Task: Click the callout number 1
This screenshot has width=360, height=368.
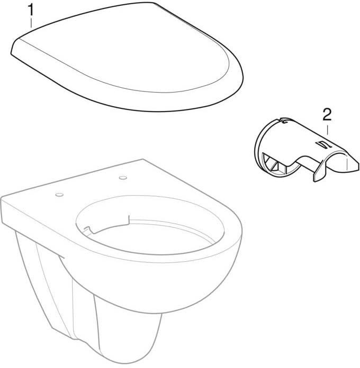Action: pos(31,10)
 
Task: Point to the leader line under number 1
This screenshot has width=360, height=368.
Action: pos(31,23)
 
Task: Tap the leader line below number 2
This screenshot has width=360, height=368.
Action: pos(327,130)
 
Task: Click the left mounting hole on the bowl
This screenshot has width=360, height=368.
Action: pos(59,195)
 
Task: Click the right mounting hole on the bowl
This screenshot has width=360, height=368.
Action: pos(123,178)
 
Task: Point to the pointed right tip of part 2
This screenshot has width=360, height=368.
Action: pos(358,165)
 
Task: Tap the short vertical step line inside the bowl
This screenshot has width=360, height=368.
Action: pos(129,220)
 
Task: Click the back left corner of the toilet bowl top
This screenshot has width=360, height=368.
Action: pos(2,197)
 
